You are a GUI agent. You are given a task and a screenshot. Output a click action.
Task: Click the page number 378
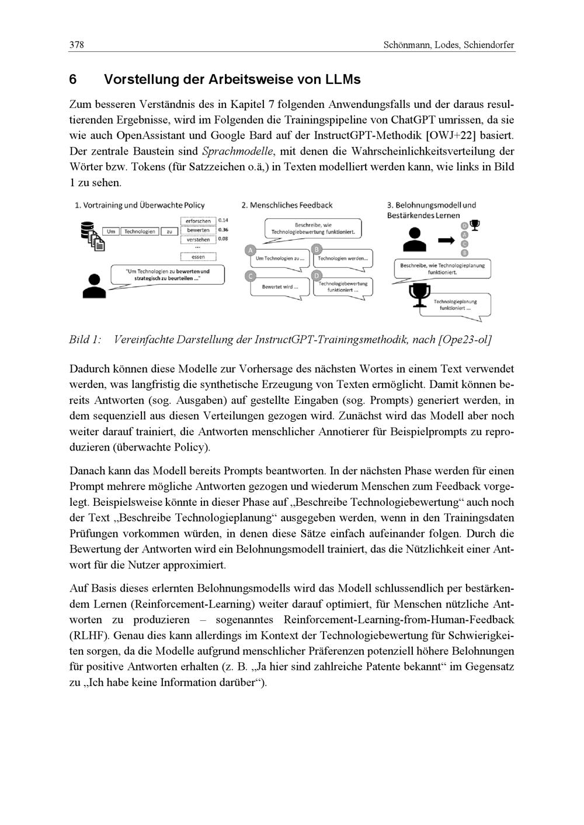(x=77, y=45)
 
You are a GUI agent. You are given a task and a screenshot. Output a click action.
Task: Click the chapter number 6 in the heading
(x=73, y=79)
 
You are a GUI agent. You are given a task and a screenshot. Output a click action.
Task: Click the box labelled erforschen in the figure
(x=199, y=221)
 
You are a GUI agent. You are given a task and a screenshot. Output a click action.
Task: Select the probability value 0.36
(x=223, y=230)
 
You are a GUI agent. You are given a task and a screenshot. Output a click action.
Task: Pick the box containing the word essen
(x=199, y=257)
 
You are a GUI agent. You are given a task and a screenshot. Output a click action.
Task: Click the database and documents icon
(x=92, y=234)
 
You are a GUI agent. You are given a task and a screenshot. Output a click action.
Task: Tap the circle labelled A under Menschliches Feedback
(x=251, y=250)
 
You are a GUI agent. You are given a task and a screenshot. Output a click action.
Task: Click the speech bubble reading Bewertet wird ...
(x=280, y=287)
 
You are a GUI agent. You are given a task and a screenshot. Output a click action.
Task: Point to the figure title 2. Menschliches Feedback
(x=287, y=205)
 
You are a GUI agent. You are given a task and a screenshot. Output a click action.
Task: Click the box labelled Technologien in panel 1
(x=140, y=232)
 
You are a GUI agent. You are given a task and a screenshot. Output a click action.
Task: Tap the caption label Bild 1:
(x=85, y=340)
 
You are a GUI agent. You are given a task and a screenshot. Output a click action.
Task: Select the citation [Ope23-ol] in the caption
(x=464, y=340)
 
